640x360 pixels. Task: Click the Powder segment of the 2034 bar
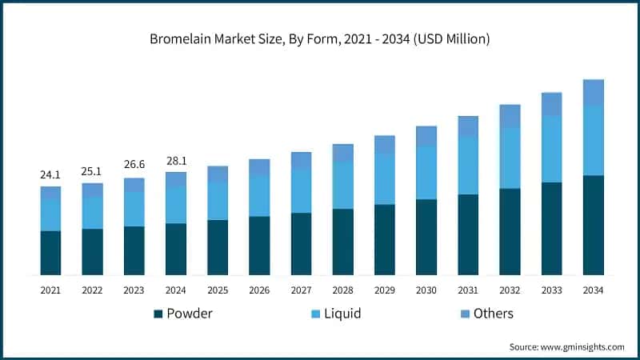click(593, 225)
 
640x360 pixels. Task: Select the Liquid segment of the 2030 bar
click(426, 173)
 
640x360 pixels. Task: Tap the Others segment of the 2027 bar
click(301, 160)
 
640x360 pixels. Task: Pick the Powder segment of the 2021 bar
click(50, 253)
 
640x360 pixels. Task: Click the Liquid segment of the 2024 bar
click(176, 205)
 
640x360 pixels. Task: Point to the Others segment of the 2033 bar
click(551, 104)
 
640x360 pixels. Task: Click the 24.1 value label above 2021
click(50, 174)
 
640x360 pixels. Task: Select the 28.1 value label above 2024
click(176, 159)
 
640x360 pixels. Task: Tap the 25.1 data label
click(92, 171)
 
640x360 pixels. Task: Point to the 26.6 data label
click(134, 166)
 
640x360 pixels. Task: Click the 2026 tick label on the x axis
click(259, 290)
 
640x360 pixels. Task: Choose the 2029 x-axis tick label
click(385, 290)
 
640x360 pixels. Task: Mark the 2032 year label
click(510, 290)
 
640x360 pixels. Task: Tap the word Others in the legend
click(493, 314)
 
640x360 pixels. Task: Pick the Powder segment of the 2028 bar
click(342, 242)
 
